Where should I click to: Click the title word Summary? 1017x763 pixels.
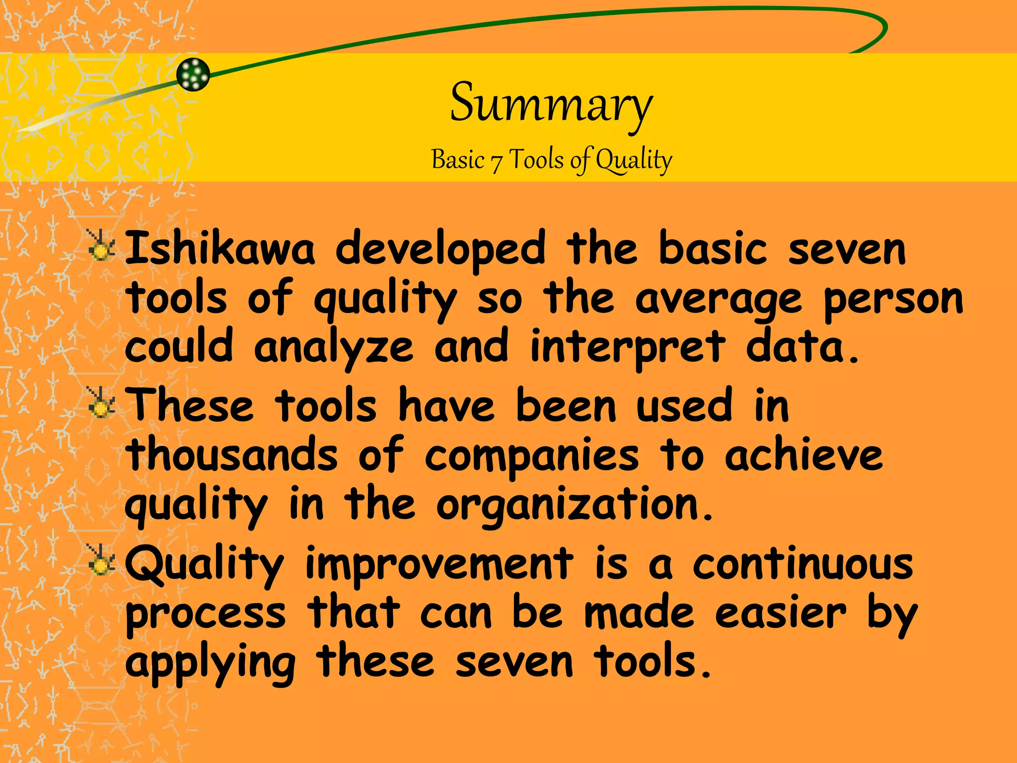tap(551, 104)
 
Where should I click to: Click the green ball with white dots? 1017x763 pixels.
tap(193, 75)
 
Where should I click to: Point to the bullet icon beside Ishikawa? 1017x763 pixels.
tap(101, 246)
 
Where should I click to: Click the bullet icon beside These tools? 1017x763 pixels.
tap(101, 403)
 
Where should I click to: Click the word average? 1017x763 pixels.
tap(719, 300)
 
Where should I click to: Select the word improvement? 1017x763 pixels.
tap(439, 564)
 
